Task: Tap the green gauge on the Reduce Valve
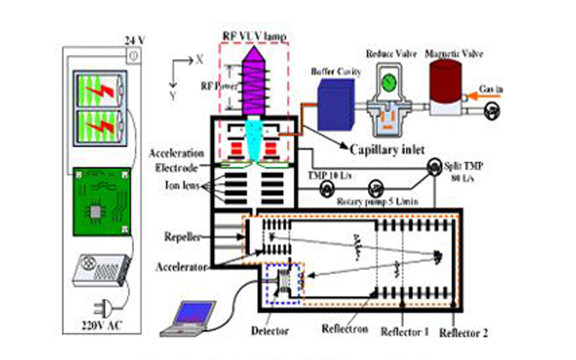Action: coord(390,84)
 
